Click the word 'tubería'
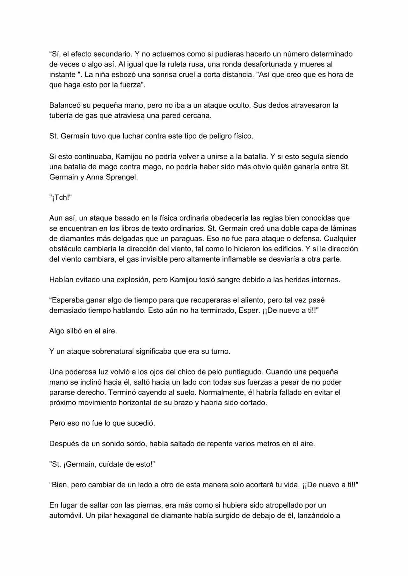coord(61,116)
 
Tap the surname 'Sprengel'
coord(123,177)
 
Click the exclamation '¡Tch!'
coord(61,198)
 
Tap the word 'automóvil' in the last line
coord(66,516)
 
